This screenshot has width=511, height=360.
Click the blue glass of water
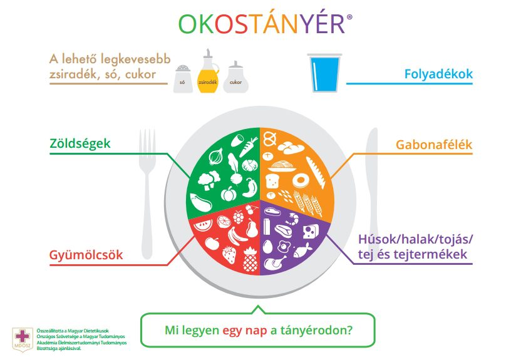324,73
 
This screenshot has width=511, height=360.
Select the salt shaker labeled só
183,78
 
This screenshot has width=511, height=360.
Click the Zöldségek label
80,143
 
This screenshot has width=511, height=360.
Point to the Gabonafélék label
434,145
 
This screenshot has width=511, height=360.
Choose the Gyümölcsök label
86,255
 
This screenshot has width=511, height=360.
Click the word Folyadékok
438,74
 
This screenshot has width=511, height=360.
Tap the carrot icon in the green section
249,147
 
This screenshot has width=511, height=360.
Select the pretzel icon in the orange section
270,138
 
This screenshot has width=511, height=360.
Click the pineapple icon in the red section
250,260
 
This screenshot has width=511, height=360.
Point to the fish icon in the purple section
302,250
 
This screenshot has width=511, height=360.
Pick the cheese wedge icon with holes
311,231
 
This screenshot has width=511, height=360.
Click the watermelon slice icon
203,225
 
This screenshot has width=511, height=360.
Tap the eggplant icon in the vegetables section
200,203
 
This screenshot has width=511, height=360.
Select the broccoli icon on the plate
209,180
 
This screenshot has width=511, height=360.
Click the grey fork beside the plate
147,194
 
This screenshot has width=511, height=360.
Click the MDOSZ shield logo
23,339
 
